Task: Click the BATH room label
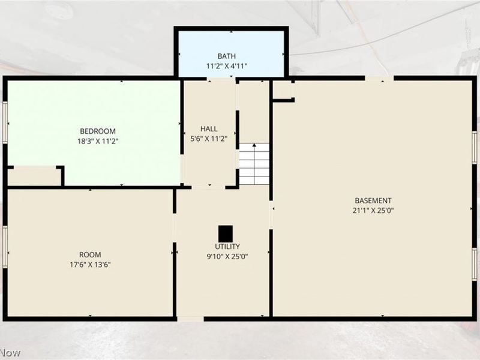(227, 56)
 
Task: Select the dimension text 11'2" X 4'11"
(227, 66)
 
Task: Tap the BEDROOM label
(98, 131)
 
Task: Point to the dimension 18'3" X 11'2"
(98, 142)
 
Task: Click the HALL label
(209, 129)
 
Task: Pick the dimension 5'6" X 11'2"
(209, 139)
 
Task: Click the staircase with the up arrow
(254, 164)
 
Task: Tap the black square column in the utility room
(226, 234)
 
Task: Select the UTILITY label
(227, 247)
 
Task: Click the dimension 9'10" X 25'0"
(227, 257)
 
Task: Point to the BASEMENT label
(373, 201)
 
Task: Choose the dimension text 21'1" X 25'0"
(373, 211)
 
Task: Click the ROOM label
(90, 254)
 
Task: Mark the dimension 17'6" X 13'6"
(90, 265)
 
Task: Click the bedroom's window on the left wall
(5, 122)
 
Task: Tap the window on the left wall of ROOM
(5, 247)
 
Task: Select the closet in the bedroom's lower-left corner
(34, 177)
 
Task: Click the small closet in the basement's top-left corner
(282, 90)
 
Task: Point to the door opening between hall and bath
(221, 79)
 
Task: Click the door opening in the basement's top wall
(379, 79)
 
